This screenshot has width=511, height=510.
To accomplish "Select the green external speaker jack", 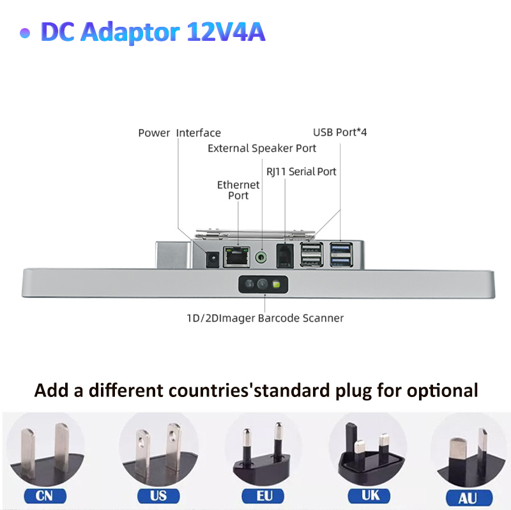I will coord(261,257).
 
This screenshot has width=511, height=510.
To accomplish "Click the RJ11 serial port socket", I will coord(284,256).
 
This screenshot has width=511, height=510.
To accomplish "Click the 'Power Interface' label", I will coord(179,133).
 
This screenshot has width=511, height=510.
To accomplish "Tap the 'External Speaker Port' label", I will coord(262,148).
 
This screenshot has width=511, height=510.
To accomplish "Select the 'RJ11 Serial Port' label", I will coord(301,171).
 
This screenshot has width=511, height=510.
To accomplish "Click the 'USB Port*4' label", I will coord(340,133).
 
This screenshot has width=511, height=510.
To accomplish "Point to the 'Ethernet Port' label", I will coord(238,190).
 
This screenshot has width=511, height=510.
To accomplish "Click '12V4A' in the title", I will coord(226,32).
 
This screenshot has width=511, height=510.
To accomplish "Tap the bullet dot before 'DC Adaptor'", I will coord(25,34).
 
